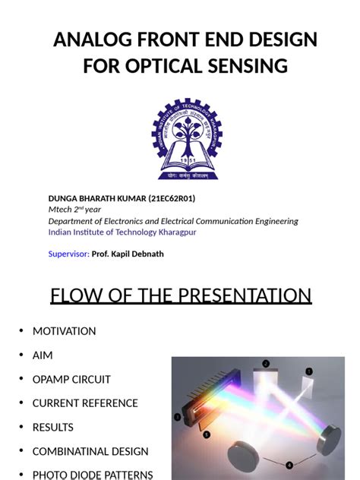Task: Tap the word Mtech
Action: (x=62, y=210)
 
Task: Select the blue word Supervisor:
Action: (x=69, y=254)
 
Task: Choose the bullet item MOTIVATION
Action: (x=64, y=331)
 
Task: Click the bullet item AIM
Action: (x=43, y=355)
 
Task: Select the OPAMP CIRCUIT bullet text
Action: (x=71, y=379)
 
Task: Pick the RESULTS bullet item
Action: (x=53, y=428)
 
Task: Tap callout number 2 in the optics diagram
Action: (x=266, y=364)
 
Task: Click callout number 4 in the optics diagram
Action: (x=289, y=465)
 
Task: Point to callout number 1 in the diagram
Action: (x=309, y=371)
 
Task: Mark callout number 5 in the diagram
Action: (x=206, y=434)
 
